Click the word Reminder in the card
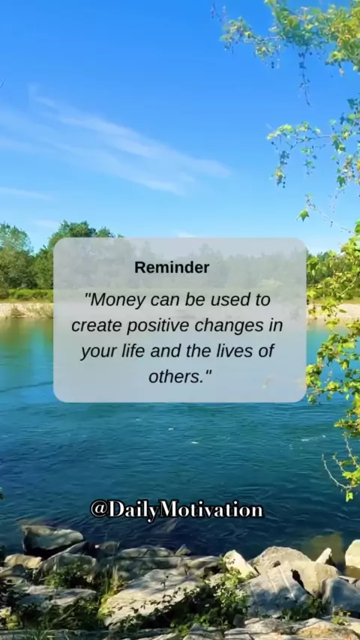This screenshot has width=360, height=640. [x=172, y=268]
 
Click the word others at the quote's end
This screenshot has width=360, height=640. [x=175, y=376]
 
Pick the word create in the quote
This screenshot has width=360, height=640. [x=97, y=326]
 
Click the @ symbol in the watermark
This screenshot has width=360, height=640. [x=99, y=510]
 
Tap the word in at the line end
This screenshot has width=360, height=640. [x=276, y=326]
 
